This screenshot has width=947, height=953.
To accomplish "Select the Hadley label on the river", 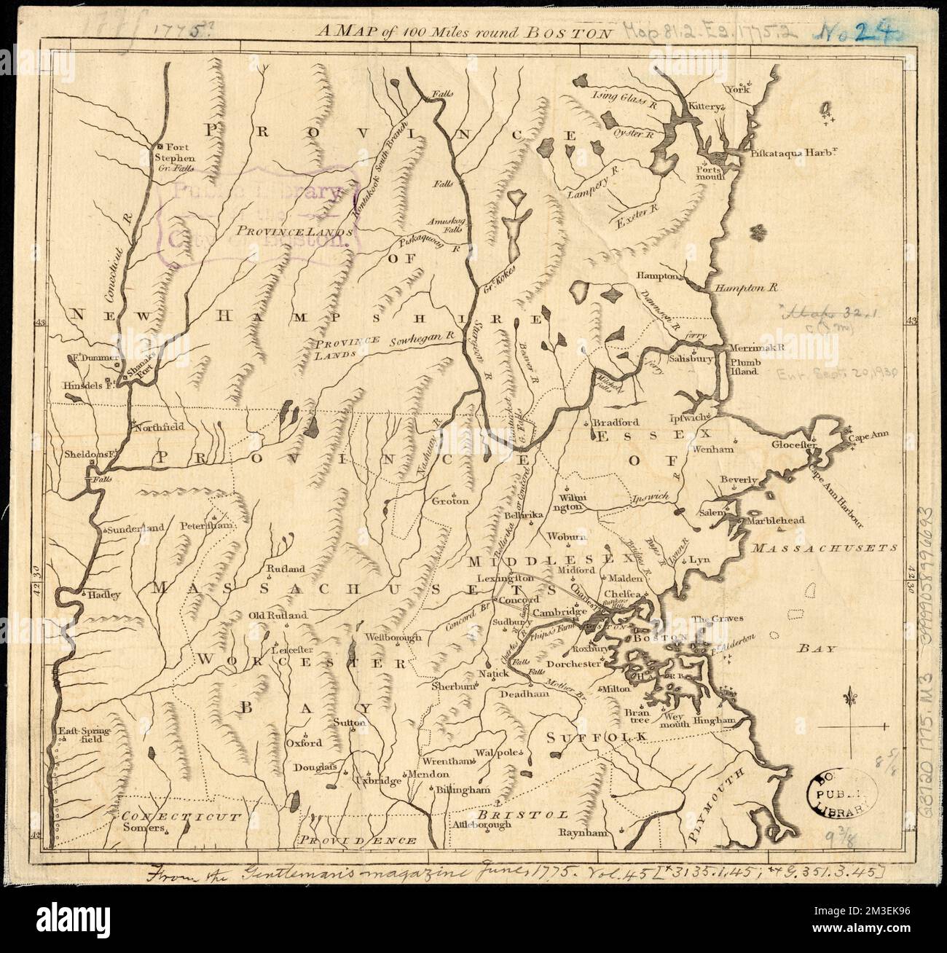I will (x=102, y=594).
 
